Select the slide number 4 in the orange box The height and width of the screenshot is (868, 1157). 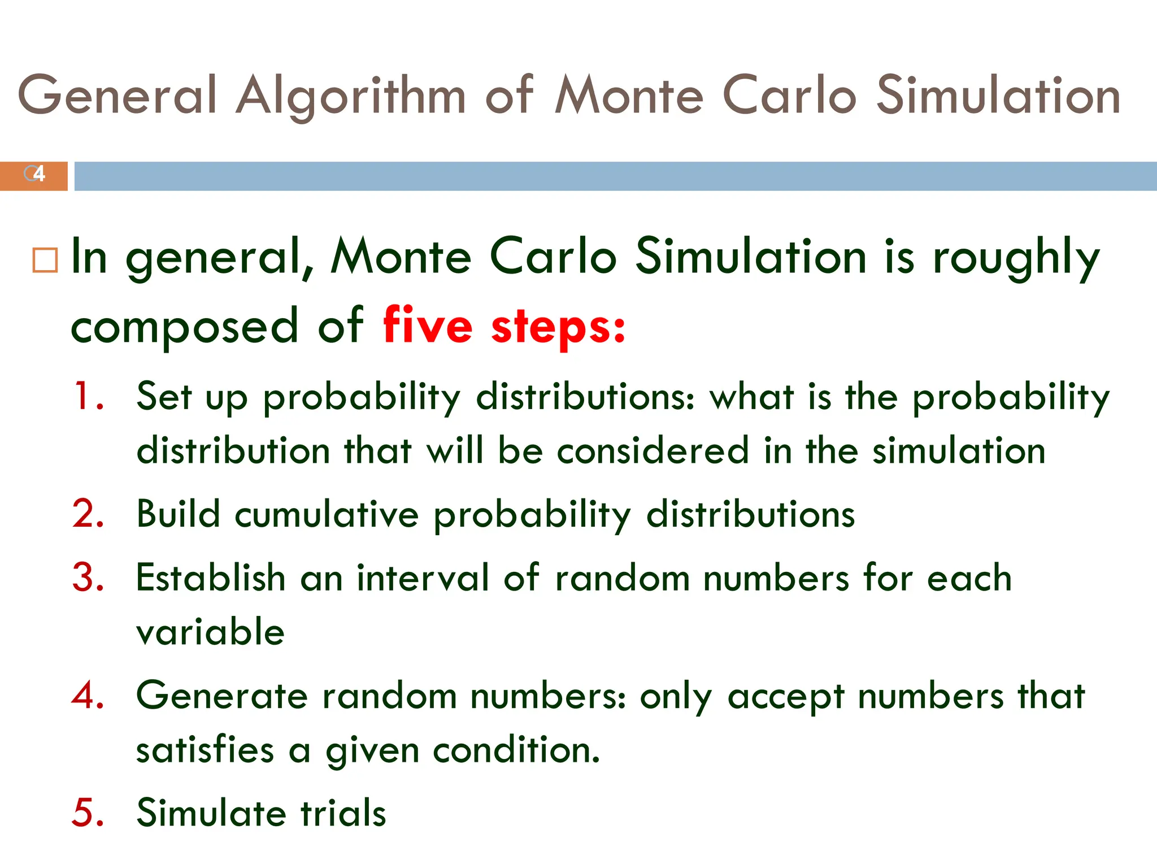pyautogui.click(x=38, y=174)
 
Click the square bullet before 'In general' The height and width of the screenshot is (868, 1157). pyautogui.click(x=45, y=261)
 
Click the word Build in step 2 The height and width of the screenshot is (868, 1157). pyautogui.click(x=178, y=514)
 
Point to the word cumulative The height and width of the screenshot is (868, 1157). pyautogui.click(x=327, y=514)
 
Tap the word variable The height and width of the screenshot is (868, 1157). pyautogui.click(x=210, y=632)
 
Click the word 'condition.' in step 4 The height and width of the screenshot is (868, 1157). pyautogui.click(x=516, y=750)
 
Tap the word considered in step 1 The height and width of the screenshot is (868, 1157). pyautogui.click(x=653, y=451)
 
